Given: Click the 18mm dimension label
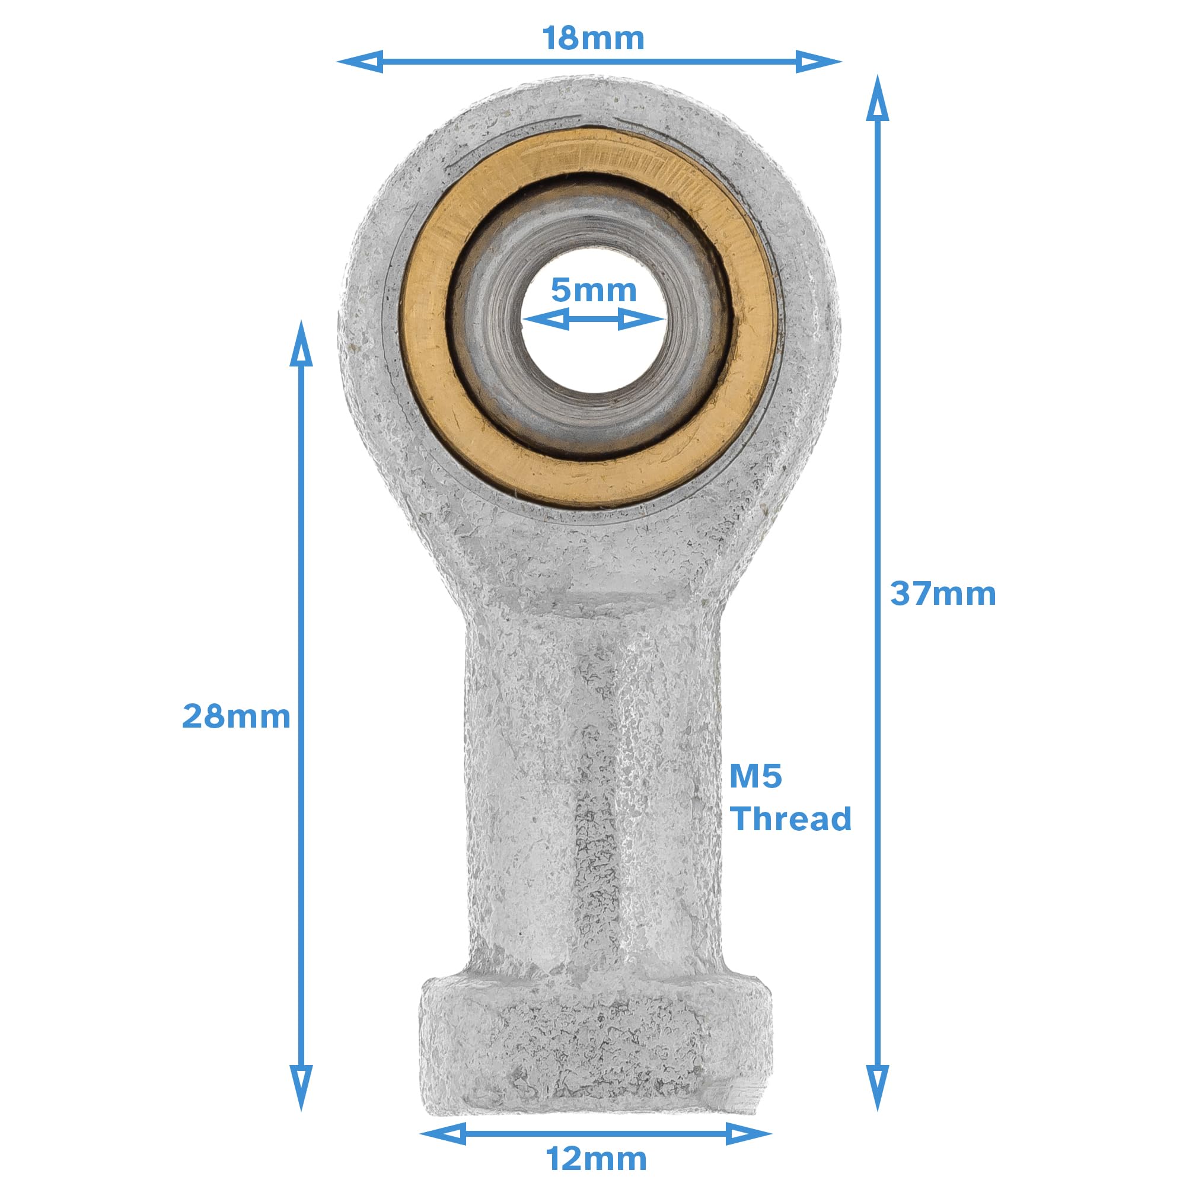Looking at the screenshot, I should pos(593,39).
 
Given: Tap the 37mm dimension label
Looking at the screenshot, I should pos(943,594).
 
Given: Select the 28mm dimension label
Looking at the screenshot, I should pos(237,716).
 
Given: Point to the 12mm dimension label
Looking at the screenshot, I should pos(595,1159).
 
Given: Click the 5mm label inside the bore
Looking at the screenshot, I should pos(593,291).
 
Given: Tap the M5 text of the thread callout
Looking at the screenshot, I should pos(755,777).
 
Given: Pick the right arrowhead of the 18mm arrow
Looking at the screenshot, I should pos(818,62).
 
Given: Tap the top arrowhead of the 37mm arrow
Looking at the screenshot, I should pos(877,98).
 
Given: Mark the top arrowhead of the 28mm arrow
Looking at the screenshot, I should pos(301,344).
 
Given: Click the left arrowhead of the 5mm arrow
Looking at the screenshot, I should pos(545,319).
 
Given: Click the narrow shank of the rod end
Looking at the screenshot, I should pos(592,798).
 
